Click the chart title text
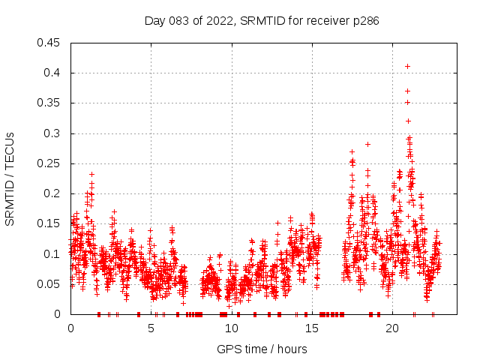(262, 21)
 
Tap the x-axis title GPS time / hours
(262, 349)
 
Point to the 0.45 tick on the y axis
(51, 43)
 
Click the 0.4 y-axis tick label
(54, 73)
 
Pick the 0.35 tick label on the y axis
(51, 103)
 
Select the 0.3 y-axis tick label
(54, 133)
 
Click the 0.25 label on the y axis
(51, 163)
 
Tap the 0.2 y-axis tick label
(54, 193)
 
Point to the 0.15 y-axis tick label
(51, 223)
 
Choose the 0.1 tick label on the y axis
(54, 254)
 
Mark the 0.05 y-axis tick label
(51, 284)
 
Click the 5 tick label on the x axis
(151, 328)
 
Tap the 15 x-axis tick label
(311, 328)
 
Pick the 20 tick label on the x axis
(392, 328)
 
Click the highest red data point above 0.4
(407, 66)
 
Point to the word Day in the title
(154, 21)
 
